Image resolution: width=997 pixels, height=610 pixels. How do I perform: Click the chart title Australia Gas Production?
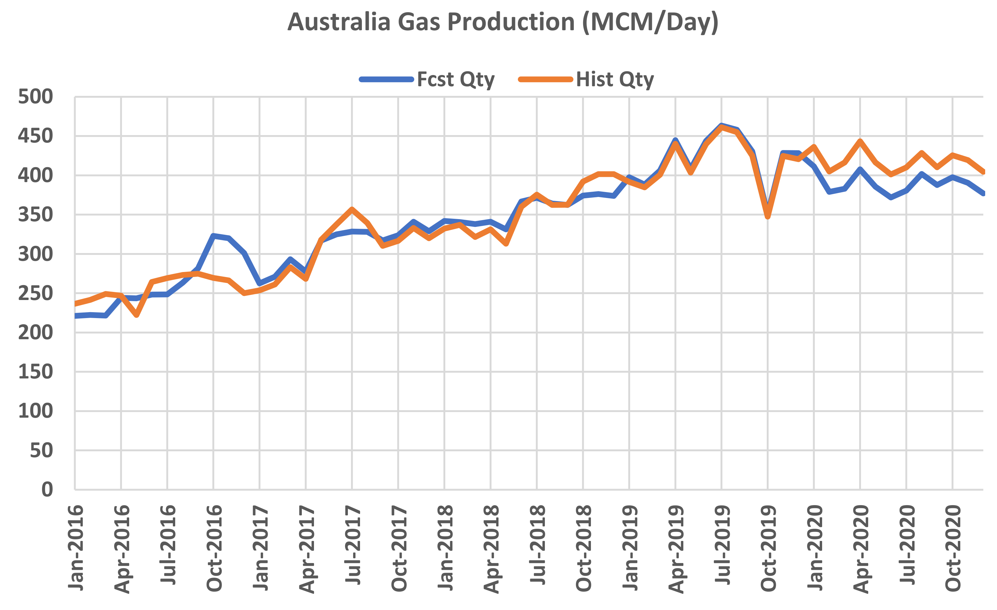(x=503, y=22)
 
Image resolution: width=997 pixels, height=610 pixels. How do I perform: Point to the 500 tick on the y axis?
(x=35, y=97)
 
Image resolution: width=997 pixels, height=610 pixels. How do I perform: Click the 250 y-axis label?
(x=35, y=293)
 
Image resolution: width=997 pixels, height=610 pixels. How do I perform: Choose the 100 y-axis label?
(x=35, y=411)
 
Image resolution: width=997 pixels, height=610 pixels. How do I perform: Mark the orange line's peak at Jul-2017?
(x=352, y=209)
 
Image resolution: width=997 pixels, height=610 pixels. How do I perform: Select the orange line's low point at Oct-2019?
(x=768, y=217)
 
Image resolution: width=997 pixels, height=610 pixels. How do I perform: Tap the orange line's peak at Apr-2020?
(x=860, y=141)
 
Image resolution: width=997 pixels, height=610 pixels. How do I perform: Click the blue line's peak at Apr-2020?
(x=860, y=169)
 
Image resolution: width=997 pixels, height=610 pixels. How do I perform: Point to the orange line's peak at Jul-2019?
(x=721, y=127)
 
